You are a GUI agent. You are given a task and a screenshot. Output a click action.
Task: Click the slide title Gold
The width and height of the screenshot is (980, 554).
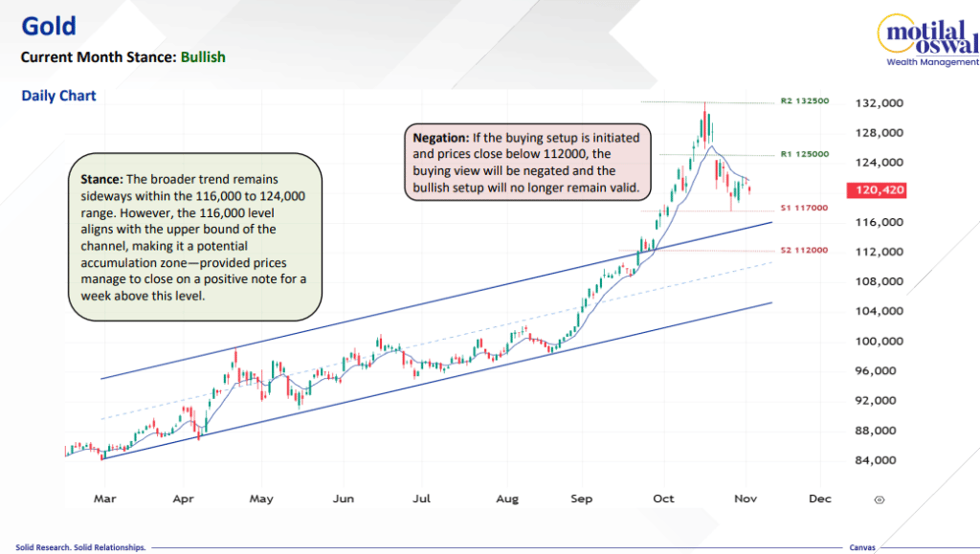[x=49, y=26]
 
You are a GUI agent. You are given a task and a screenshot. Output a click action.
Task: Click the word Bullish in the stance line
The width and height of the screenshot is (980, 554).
[x=202, y=57]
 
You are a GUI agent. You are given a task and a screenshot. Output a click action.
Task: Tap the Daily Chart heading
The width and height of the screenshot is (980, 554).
[x=58, y=97]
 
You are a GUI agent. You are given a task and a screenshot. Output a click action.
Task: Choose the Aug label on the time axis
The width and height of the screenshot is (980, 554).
[x=508, y=499]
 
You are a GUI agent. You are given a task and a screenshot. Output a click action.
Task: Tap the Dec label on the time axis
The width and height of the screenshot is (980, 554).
[x=819, y=499]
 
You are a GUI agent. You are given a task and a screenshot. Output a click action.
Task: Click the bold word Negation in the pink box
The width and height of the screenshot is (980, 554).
[x=440, y=136]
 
